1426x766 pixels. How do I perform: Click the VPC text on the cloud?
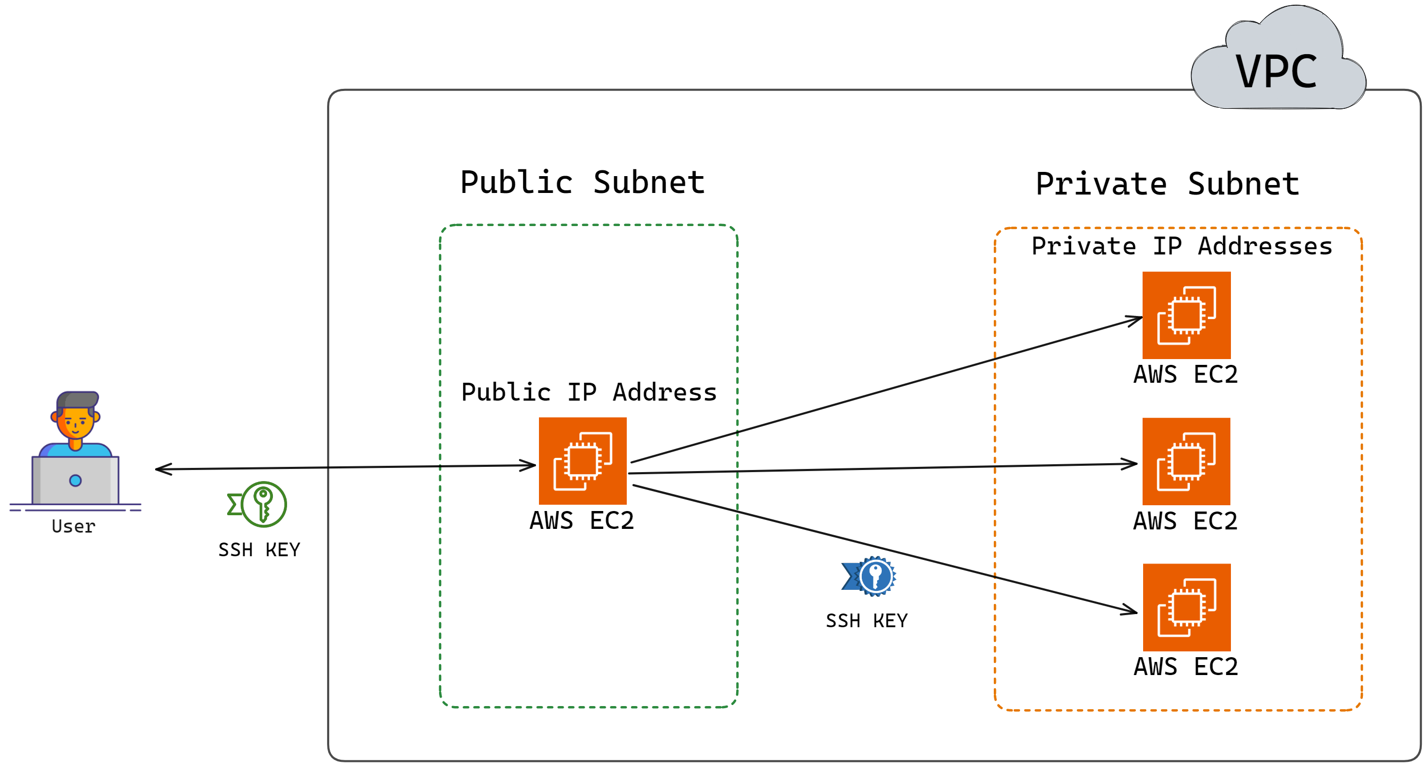[1276, 72]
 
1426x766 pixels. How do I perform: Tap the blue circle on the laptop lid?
[75, 481]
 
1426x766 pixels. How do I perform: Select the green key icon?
[263, 504]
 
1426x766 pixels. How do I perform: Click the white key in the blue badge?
[876, 576]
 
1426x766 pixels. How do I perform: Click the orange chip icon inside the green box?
[583, 461]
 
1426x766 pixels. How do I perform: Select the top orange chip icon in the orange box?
[1186, 315]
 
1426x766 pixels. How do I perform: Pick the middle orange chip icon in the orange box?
[1186, 461]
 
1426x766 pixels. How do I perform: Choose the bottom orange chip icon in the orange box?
[1186, 607]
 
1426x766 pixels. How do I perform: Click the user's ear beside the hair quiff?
[96, 416]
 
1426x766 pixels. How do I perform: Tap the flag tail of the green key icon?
[234, 504]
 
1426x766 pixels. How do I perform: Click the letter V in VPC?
[1248, 72]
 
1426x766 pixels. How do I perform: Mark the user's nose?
[76, 423]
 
